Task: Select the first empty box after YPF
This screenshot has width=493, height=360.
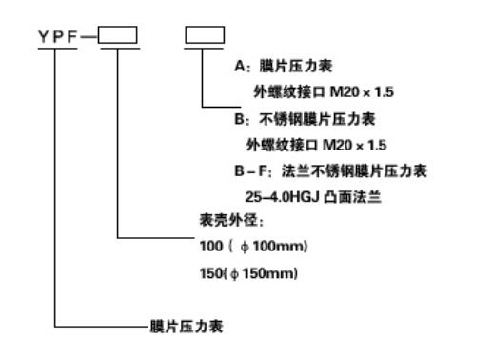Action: pos(118,36)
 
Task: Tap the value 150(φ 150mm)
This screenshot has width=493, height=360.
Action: pos(238,274)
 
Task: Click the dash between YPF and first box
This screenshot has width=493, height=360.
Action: pos(92,37)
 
